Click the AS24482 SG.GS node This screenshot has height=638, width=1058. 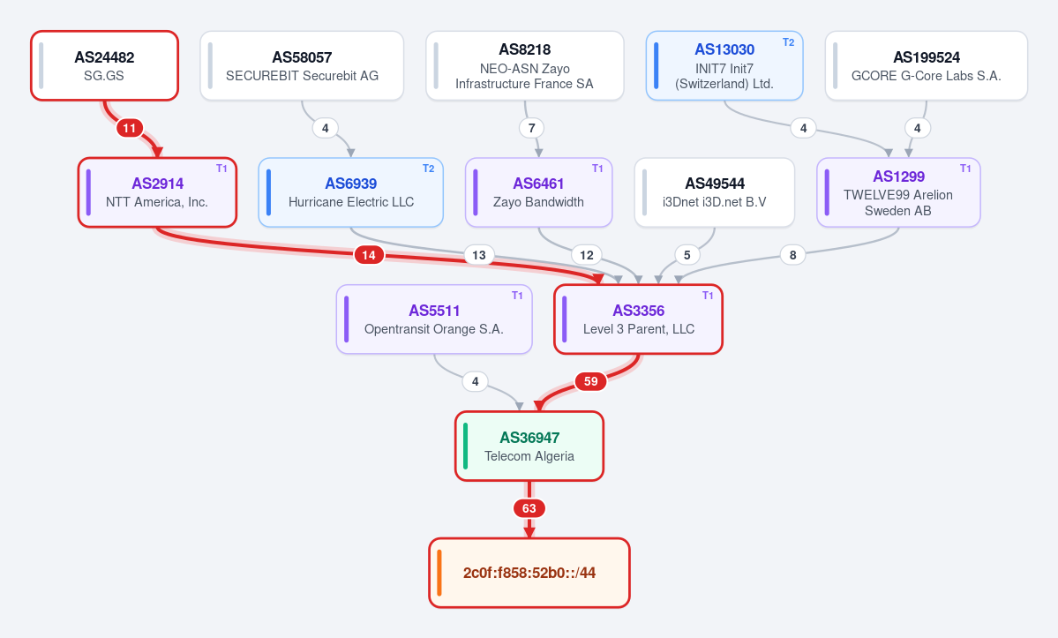[x=105, y=65]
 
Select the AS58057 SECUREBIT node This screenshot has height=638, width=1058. [x=302, y=65]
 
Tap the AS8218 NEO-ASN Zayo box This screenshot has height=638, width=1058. [x=524, y=65]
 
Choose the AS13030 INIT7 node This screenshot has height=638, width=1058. [x=724, y=65]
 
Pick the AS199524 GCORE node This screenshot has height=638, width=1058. [x=926, y=65]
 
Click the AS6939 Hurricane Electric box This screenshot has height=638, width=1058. [x=351, y=192]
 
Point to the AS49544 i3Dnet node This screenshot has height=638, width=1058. [x=714, y=192]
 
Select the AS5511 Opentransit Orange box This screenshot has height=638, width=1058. [x=434, y=319]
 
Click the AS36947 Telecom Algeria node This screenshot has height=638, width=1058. [x=529, y=446]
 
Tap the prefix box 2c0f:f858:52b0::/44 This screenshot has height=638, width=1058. [x=529, y=573]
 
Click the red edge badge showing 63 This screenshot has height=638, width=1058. [x=529, y=508]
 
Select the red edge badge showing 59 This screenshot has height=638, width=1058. [x=590, y=382]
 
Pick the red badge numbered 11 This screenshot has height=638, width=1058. [x=129, y=128]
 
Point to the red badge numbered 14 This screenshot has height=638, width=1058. [x=369, y=255]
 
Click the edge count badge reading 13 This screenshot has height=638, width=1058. [x=479, y=255]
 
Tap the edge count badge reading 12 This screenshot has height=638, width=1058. [x=586, y=255]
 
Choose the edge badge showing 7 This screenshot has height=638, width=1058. [x=532, y=128]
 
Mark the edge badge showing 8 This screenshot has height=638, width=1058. [x=792, y=255]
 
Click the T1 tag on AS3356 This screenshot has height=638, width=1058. [x=708, y=296]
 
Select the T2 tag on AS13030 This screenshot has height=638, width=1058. [x=788, y=41]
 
